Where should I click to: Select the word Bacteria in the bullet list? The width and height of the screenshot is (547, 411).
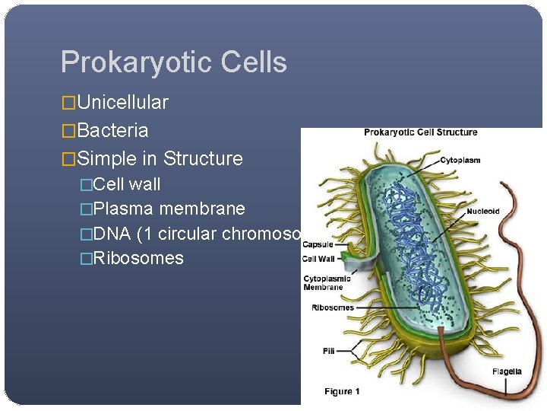(112, 131)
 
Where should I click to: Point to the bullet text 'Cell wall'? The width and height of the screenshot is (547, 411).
(126, 184)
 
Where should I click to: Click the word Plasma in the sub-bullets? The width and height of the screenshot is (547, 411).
(122, 209)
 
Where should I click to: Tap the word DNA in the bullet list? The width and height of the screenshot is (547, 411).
(111, 234)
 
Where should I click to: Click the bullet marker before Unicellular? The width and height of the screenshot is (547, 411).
(68, 103)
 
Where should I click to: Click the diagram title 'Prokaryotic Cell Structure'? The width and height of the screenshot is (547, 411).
(420, 132)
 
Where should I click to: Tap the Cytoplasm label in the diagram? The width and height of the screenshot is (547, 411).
(461, 161)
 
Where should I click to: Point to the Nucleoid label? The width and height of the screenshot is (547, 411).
(483, 211)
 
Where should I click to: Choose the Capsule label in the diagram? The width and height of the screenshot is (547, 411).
(318, 245)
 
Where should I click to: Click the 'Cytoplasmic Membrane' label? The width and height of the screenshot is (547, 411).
(327, 282)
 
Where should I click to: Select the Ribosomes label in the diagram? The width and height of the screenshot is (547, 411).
(333, 308)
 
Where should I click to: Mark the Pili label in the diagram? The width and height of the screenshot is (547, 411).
(327, 351)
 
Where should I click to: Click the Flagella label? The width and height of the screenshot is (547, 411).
(506, 371)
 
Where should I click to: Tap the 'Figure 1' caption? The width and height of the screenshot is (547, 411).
(342, 391)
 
